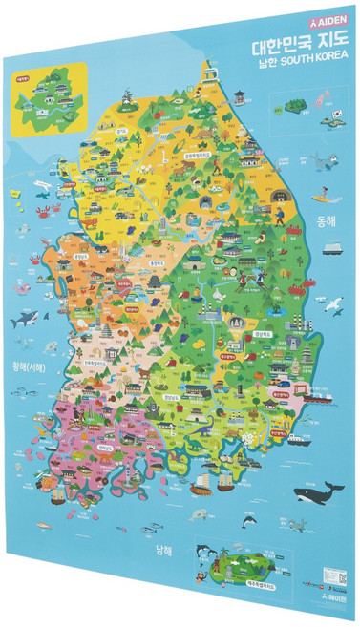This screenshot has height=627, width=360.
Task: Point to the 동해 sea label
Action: (327, 220)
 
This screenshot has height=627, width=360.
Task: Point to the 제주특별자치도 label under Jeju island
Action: (229, 583)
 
